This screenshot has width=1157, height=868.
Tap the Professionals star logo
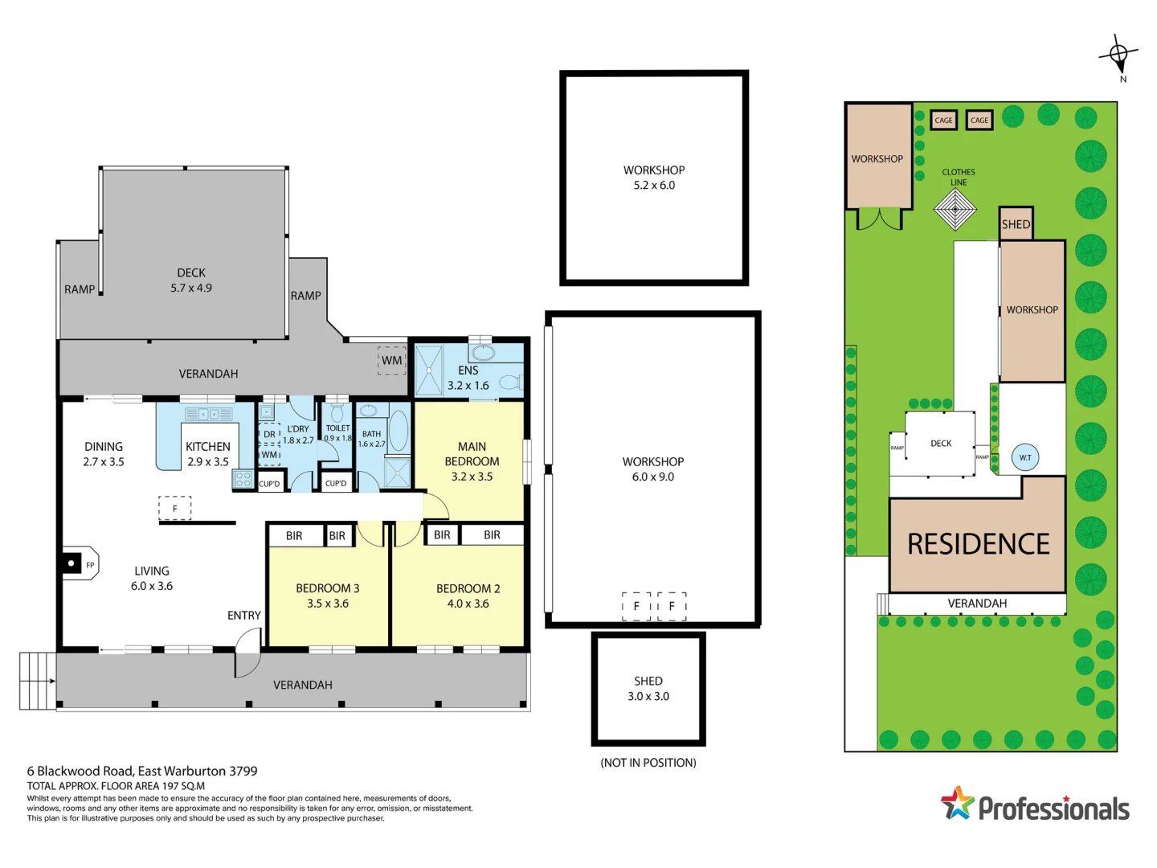click(957, 803)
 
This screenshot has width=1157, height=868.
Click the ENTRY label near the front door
click(243, 616)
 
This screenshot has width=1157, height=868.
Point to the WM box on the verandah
click(391, 361)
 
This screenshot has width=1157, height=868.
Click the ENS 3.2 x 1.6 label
click(468, 378)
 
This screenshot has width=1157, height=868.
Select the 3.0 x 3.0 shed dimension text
click(648, 697)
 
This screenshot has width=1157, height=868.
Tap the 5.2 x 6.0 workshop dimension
click(654, 186)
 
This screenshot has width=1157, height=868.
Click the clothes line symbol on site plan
click(955, 210)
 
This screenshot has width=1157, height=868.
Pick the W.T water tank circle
click(1025, 457)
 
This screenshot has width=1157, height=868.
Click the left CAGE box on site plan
click(943, 121)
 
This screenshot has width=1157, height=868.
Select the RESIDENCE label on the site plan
click(978, 544)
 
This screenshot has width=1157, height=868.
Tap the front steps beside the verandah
click(37, 681)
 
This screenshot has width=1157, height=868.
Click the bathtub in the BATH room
click(398, 430)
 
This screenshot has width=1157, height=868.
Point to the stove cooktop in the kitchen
click(243, 480)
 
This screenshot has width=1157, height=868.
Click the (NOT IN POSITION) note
click(648, 763)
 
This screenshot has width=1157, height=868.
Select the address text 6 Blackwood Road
click(142, 771)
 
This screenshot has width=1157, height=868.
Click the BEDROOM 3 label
click(327, 588)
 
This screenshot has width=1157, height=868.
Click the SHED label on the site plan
click(1016, 224)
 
